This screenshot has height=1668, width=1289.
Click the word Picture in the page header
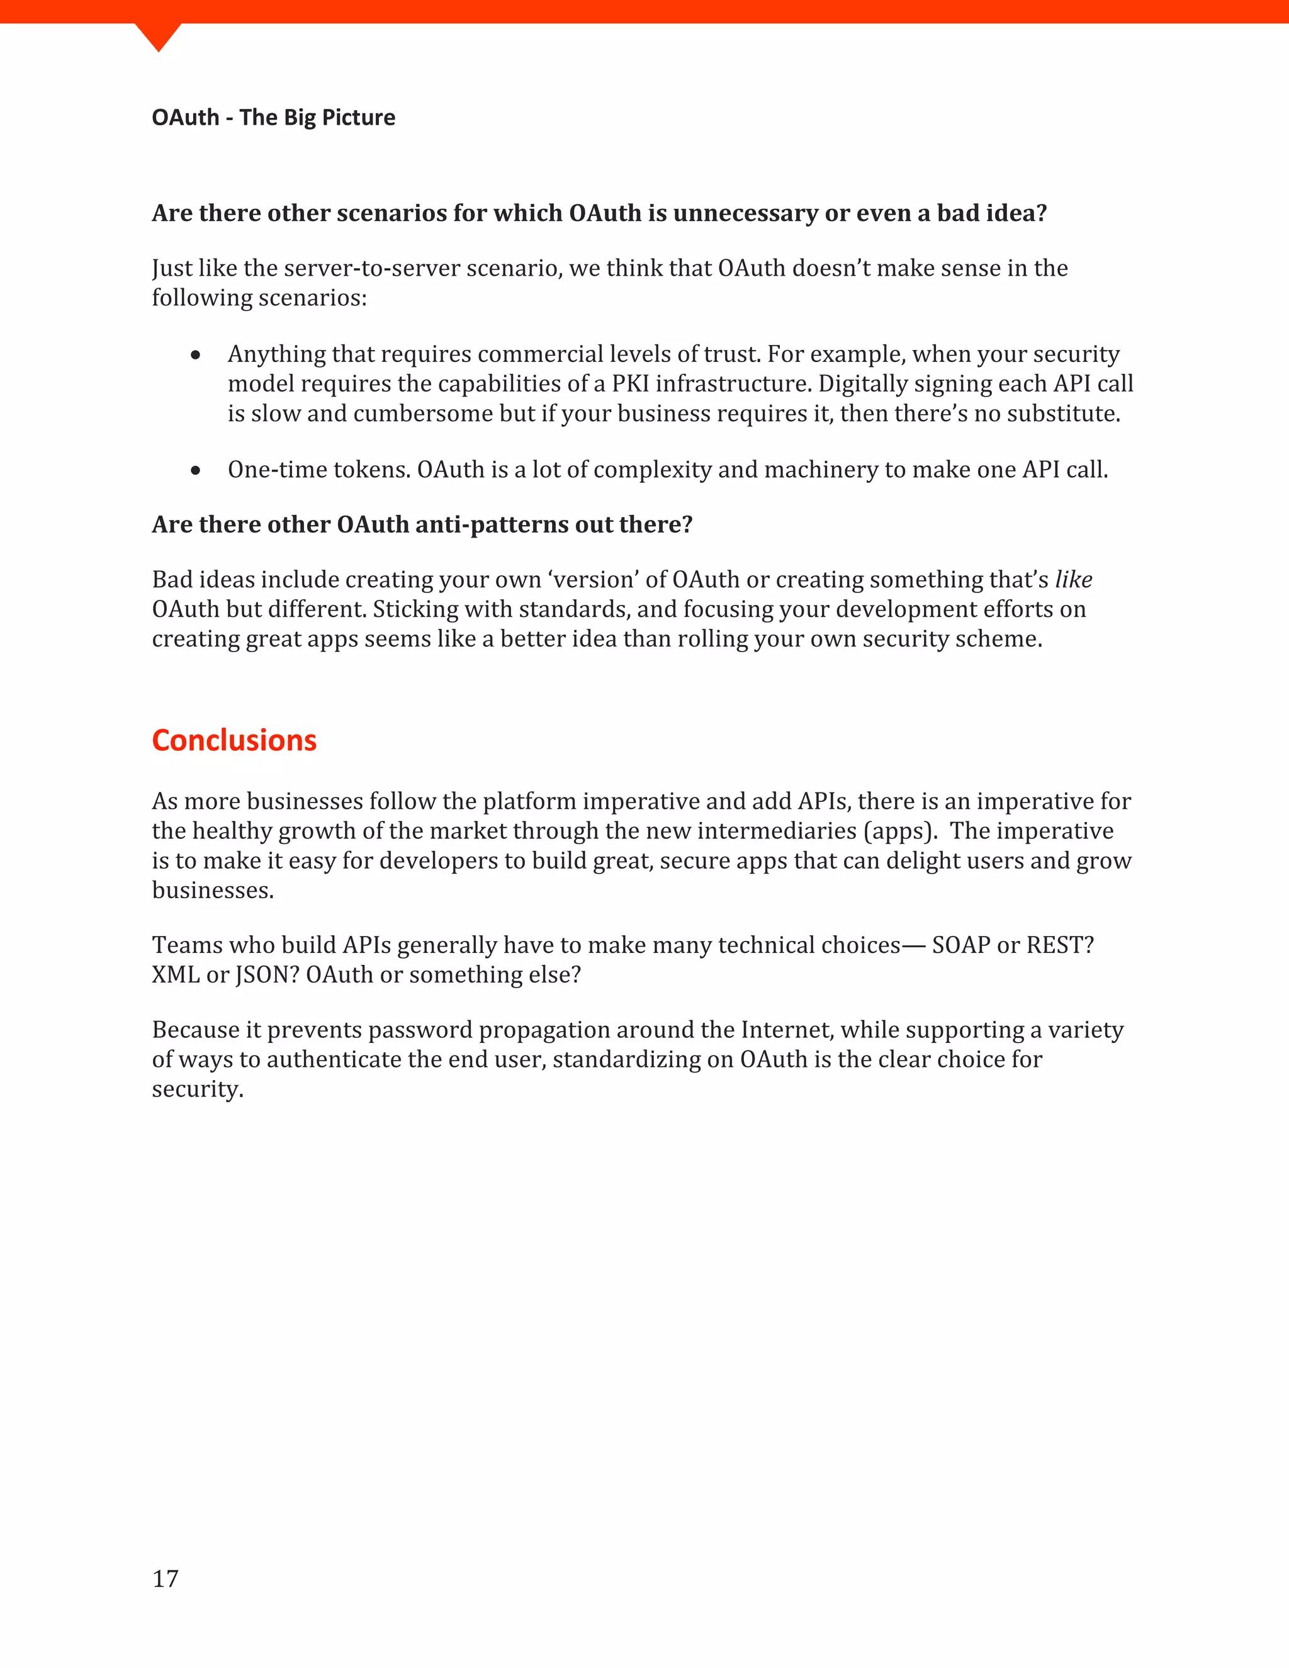click(359, 118)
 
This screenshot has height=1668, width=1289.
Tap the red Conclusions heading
click(234, 740)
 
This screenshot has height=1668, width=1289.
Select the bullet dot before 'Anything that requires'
click(196, 354)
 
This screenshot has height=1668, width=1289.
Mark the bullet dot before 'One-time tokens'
click(196, 470)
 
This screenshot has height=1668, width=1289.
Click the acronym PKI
click(630, 383)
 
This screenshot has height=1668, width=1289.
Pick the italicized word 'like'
click(1073, 580)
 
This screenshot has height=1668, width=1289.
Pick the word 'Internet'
click(787, 1030)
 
